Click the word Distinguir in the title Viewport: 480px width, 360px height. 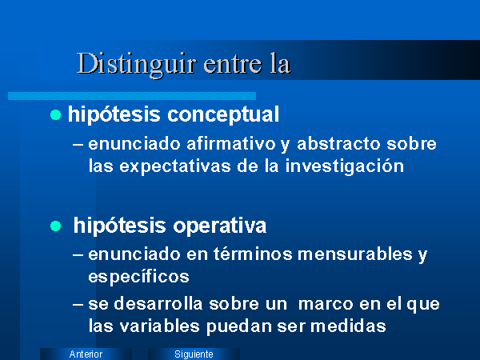[x=136, y=65]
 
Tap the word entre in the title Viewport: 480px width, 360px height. [x=233, y=65]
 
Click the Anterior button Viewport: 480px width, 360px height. [x=86, y=354]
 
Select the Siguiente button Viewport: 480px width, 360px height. [x=194, y=354]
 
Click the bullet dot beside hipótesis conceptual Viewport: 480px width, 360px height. [x=56, y=115]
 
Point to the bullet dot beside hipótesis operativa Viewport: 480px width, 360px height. [x=56, y=226]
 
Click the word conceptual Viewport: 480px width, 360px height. [x=223, y=114]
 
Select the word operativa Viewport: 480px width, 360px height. [x=220, y=226]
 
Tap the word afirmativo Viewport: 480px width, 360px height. [x=231, y=143]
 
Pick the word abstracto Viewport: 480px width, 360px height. [x=339, y=143]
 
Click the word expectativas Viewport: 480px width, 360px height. [x=174, y=167]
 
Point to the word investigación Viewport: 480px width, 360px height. [x=345, y=167]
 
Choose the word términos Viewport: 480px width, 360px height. [x=253, y=254]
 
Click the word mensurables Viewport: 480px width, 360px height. [x=354, y=254]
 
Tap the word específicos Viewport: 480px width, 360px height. [x=138, y=277]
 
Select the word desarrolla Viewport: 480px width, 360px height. [x=158, y=304]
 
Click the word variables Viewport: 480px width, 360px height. [x=159, y=326]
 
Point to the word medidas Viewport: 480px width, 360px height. [x=348, y=326]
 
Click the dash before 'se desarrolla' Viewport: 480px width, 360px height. [x=78, y=305]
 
